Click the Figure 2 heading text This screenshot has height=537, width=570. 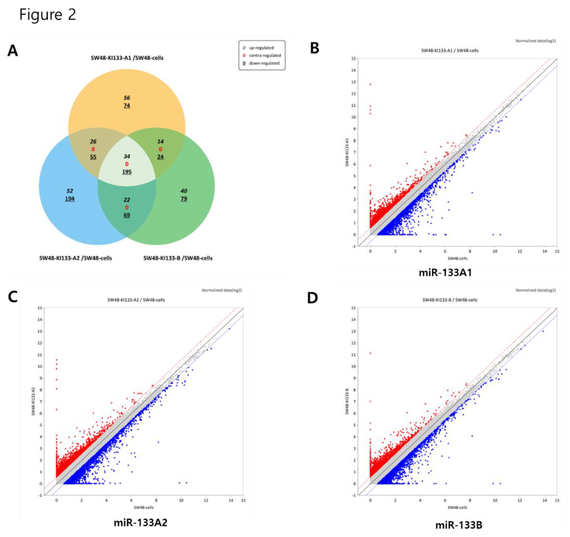point(48,15)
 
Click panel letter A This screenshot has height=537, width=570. point(13,51)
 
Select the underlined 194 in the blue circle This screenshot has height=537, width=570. point(70,199)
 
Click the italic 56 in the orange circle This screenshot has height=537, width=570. point(127,98)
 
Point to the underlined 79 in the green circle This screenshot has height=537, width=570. point(184,199)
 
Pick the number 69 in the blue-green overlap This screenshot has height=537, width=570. point(127,215)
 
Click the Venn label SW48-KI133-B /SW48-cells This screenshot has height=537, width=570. point(178,258)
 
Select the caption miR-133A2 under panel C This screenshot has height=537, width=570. point(141,523)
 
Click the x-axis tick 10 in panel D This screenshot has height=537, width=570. point(495,500)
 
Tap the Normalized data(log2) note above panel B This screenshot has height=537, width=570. point(535,41)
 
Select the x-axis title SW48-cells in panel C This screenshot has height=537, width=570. point(144,507)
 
